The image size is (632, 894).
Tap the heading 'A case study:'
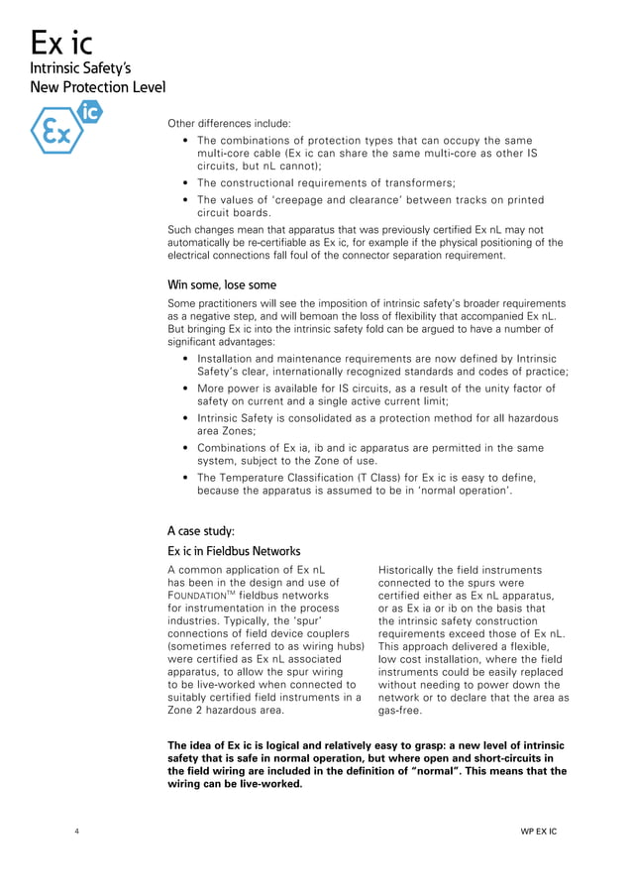tap(201, 531)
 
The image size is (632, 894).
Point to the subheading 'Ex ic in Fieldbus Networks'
tap(234, 551)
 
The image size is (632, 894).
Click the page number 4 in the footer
tap(77, 831)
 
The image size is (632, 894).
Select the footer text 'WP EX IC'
tap(539, 831)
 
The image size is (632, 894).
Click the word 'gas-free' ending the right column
tap(402, 711)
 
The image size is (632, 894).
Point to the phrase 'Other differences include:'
tap(229, 124)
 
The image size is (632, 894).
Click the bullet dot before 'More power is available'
tap(187, 389)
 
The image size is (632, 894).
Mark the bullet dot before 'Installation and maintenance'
tap(187, 359)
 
